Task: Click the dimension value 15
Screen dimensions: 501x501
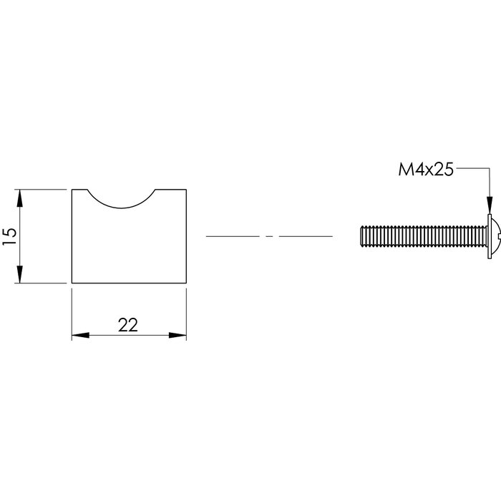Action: point(9,236)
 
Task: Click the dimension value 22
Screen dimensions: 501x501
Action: point(127,325)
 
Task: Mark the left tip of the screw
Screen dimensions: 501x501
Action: point(359,235)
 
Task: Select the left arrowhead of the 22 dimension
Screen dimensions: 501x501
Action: point(78,335)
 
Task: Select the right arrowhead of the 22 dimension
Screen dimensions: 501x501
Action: point(180,335)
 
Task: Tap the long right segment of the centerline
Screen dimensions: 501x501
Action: point(306,235)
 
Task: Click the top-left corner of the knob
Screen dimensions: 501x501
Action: point(72,190)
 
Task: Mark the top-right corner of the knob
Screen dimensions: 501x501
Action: point(186,190)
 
